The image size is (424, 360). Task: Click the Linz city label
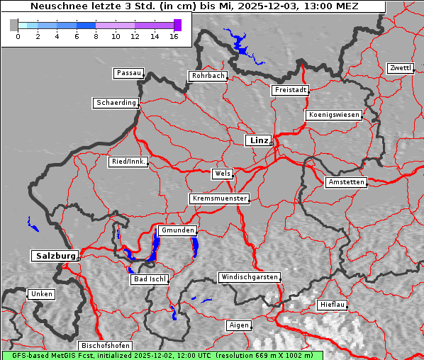coord(258,140)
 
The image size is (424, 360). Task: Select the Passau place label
coord(128,73)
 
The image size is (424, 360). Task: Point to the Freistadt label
coord(290,90)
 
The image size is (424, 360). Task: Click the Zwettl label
coord(400,68)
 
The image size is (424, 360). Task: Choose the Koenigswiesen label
coord(334,115)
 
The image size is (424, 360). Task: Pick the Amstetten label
coord(346,182)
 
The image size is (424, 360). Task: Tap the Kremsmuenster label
coord(219,198)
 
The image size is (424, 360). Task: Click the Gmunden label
coord(177,230)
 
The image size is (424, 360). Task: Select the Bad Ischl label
coord(149,279)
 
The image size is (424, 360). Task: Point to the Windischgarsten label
coord(248,277)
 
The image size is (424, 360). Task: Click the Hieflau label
coord(333,305)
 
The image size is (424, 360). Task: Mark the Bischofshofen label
coord(102,345)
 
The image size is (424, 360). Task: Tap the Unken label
coord(41,293)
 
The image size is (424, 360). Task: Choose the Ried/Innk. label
coord(128,162)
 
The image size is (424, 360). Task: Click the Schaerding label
coord(116,103)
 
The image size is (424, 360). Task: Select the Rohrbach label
coord(207,76)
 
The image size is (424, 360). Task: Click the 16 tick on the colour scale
coord(174,35)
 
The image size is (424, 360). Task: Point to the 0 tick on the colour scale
coord(18,35)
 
